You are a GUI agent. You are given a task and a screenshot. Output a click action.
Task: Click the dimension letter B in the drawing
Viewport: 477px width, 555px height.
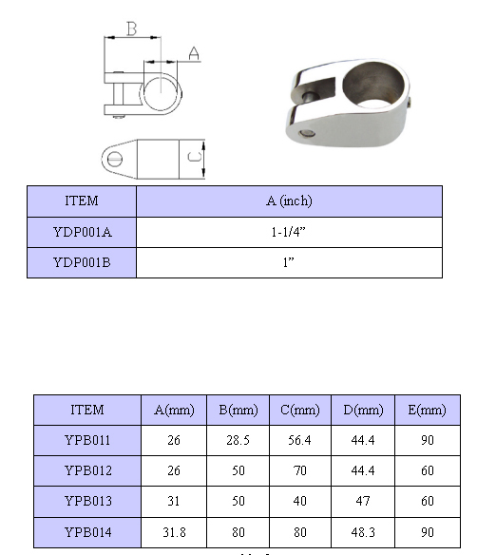point(131,29)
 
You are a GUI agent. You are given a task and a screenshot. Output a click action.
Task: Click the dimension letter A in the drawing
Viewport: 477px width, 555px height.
point(194,53)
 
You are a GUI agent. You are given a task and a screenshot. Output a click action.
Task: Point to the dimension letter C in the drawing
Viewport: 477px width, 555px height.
point(195,157)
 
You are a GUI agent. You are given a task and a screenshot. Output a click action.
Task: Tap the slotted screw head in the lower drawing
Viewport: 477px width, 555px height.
point(115,159)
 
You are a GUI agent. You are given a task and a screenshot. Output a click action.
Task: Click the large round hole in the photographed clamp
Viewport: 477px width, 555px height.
point(373,84)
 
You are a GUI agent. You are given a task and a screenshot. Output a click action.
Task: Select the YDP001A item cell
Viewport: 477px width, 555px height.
point(82,232)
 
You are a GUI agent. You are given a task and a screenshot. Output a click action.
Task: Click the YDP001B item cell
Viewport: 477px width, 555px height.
point(82,262)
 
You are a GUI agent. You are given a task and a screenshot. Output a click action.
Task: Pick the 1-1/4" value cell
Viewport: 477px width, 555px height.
point(289,232)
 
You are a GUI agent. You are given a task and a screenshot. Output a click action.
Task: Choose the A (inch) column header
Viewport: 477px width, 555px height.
point(289,201)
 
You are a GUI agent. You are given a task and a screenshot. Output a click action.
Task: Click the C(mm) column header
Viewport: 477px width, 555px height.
point(300,410)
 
